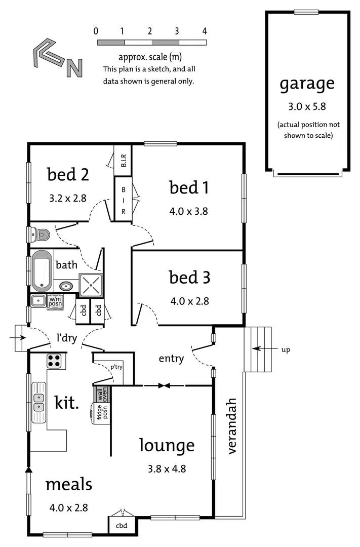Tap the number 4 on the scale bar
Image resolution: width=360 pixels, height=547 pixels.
(205, 31)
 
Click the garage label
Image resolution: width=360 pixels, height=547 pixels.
(307, 84)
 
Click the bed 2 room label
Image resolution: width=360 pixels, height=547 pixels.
(68, 175)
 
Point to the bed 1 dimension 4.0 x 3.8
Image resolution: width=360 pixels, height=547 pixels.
(189, 211)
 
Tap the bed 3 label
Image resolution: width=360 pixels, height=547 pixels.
(189, 278)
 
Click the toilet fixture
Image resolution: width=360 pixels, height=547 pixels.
(40, 235)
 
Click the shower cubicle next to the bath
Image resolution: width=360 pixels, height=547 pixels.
(91, 285)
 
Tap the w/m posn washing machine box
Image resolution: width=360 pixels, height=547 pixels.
(55, 301)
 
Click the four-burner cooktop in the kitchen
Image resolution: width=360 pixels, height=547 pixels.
(54, 361)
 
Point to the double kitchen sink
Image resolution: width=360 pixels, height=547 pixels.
(39, 402)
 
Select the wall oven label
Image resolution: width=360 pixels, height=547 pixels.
(101, 394)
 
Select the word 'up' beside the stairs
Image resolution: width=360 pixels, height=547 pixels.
(286, 349)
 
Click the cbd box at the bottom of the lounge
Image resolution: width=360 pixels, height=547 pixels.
(122, 526)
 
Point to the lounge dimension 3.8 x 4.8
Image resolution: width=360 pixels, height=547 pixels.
(167, 468)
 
